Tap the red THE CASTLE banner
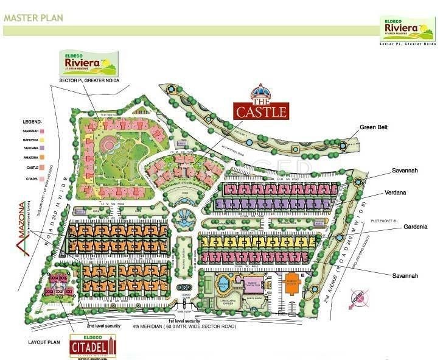pos(262,111)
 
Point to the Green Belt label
pos(373,127)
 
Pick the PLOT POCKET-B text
pos(384,221)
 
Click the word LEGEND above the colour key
pos(32,121)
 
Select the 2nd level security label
pos(103,326)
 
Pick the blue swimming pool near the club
pos(223,284)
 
